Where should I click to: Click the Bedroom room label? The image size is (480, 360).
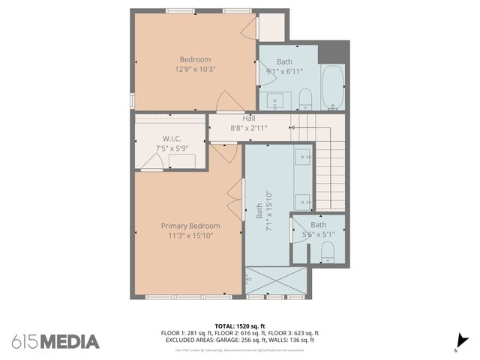(x=195, y=59)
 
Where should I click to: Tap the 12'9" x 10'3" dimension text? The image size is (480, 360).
(x=195, y=69)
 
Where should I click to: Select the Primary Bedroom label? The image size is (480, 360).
(x=190, y=226)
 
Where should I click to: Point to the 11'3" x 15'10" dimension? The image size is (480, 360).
(x=190, y=235)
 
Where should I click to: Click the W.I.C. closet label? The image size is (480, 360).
(x=172, y=139)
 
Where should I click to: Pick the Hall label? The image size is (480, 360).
(x=249, y=118)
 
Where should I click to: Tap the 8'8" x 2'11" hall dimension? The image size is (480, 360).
(x=249, y=127)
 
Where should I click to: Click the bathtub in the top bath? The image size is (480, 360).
(x=332, y=88)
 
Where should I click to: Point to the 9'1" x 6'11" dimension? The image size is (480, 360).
(x=284, y=71)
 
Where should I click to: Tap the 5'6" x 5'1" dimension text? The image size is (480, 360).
(x=319, y=235)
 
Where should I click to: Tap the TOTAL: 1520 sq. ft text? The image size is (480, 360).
(x=239, y=326)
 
